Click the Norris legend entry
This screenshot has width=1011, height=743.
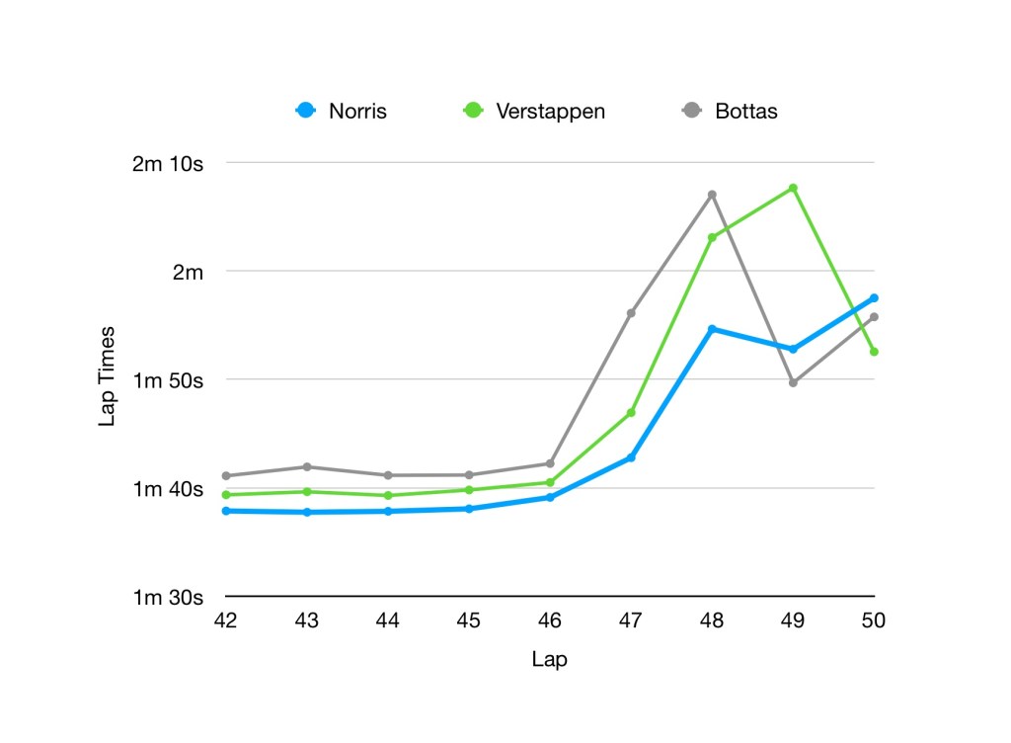(x=342, y=111)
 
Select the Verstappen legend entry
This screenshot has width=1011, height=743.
(x=534, y=111)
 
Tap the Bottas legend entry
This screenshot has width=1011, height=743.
(x=731, y=111)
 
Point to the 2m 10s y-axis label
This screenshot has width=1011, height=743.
(x=167, y=163)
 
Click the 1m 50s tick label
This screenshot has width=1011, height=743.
(x=167, y=380)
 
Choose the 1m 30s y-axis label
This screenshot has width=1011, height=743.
(x=167, y=597)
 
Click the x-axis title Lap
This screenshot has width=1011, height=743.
(x=549, y=659)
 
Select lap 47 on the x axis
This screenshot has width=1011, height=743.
(x=631, y=620)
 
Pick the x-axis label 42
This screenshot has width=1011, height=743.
(x=225, y=620)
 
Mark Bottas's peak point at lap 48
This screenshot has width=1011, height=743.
(x=712, y=195)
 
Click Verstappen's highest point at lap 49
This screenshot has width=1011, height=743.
(x=793, y=188)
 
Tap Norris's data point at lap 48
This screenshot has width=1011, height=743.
(x=712, y=329)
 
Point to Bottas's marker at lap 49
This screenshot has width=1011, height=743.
(x=793, y=382)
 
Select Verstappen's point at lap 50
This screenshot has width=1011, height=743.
(x=874, y=352)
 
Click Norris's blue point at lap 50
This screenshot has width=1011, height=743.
(x=874, y=298)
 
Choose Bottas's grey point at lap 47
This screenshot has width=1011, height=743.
(x=631, y=313)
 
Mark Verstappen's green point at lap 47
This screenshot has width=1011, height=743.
(x=631, y=412)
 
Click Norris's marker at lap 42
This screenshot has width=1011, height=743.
(x=226, y=511)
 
